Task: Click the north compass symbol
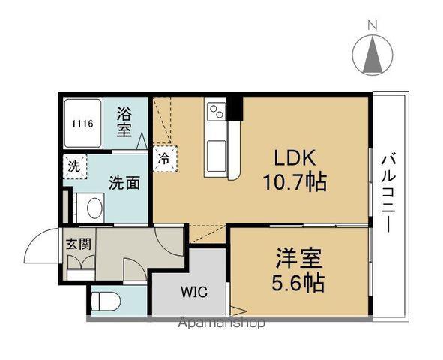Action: [373, 55]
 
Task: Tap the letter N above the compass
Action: [373, 25]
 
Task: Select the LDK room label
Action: [295, 158]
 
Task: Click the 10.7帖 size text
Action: [295, 182]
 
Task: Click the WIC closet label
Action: [194, 292]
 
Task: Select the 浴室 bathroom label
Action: [124, 123]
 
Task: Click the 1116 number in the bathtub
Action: [82, 124]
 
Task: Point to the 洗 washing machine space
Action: [74, 167]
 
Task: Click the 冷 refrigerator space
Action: [165, 159]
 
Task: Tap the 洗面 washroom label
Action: [124, 184]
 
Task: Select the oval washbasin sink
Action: [94, 208]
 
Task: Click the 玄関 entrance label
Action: [79, 244]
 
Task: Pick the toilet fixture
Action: [106, 301]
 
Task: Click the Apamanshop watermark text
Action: [222, 322]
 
